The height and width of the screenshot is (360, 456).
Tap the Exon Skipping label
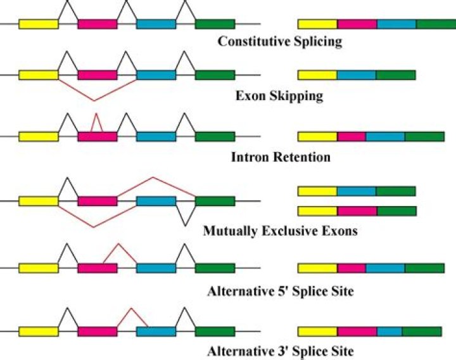[279, 97]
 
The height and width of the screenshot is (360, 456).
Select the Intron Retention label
[279, 157]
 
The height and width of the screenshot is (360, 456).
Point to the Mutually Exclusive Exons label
[280, 231]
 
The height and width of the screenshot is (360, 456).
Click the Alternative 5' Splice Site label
[279, 292]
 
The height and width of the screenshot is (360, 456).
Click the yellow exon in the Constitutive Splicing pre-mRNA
[38, 24]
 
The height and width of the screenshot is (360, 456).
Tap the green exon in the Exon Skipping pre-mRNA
[215, 75]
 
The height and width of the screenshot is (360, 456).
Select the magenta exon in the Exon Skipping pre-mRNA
[97, 75]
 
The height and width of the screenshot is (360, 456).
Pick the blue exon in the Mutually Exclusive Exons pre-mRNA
[156, 201]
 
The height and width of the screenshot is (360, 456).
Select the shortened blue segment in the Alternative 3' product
[389, 331]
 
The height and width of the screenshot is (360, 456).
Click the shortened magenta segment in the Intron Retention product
[351, 136]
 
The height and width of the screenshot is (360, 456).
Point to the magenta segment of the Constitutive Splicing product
[357, 24]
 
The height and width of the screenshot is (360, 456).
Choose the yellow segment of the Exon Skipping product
[317, 75]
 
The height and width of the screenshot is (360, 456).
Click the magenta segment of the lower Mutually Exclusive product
[357, 210]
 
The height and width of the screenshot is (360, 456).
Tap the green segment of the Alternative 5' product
[424, 268]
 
